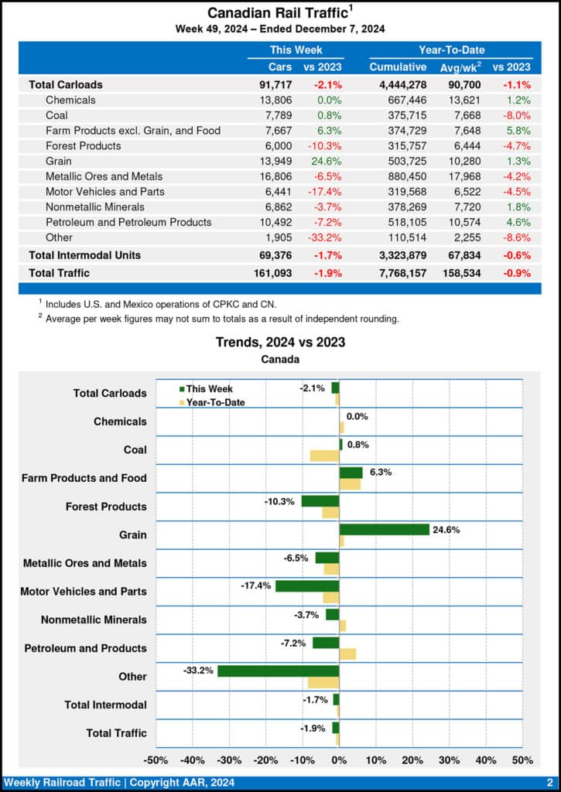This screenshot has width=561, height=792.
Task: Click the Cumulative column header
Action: [x=398, y=67]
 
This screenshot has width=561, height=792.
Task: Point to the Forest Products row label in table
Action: [x=83, y=145]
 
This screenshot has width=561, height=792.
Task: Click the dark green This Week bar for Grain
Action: [x=384, y=530]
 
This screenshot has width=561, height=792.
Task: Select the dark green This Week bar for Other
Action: [x=279, y=671]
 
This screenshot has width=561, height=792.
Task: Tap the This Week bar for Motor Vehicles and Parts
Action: [x=307, y=586]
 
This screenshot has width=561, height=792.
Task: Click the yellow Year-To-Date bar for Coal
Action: [x=324, y=456]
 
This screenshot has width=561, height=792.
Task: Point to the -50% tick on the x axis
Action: [x=156, y=760]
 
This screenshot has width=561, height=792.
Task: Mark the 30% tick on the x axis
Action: [x=449, y=760]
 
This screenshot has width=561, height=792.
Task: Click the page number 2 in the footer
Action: [x=549, y=783]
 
